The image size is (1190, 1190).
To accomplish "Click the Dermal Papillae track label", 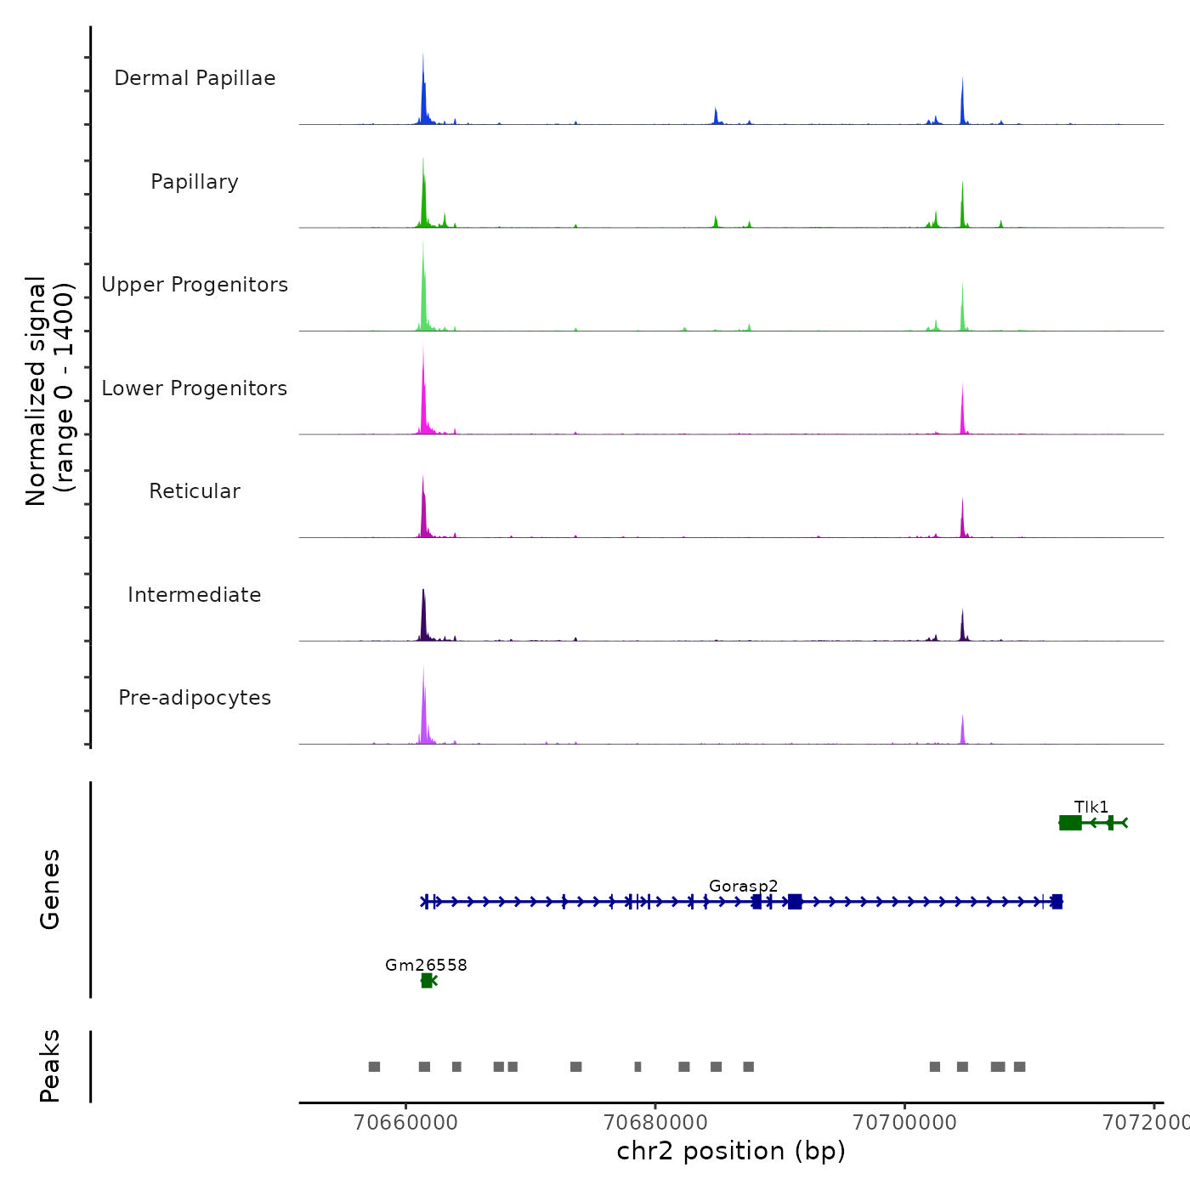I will tap(195, 78).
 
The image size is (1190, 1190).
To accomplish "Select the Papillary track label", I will tap(195, 182).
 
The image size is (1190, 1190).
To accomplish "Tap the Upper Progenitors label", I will tap(195, 285).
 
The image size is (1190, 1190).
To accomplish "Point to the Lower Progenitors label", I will tap(195, 388).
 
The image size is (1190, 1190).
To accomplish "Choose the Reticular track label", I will tap(195, 491).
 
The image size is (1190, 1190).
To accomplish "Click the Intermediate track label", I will tap(195, 595).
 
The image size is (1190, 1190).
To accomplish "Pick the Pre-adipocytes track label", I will tap(195, 698).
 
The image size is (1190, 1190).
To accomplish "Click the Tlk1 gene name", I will tap(1091, 807).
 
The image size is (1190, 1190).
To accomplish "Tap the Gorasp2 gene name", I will tap(744, 886).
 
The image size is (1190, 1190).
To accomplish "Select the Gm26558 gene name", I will tap(426, 965).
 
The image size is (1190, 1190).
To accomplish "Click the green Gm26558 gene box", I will tap(427, 981).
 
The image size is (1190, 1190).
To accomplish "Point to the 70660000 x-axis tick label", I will tap(406, 1122).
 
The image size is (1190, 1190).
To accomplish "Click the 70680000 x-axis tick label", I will tap(655, 1122).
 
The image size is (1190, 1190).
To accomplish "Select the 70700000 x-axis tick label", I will tap(904, 1122).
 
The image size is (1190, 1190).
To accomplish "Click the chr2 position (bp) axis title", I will tap(731, 1151).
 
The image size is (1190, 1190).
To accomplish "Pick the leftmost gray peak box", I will tap(374, 1067).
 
